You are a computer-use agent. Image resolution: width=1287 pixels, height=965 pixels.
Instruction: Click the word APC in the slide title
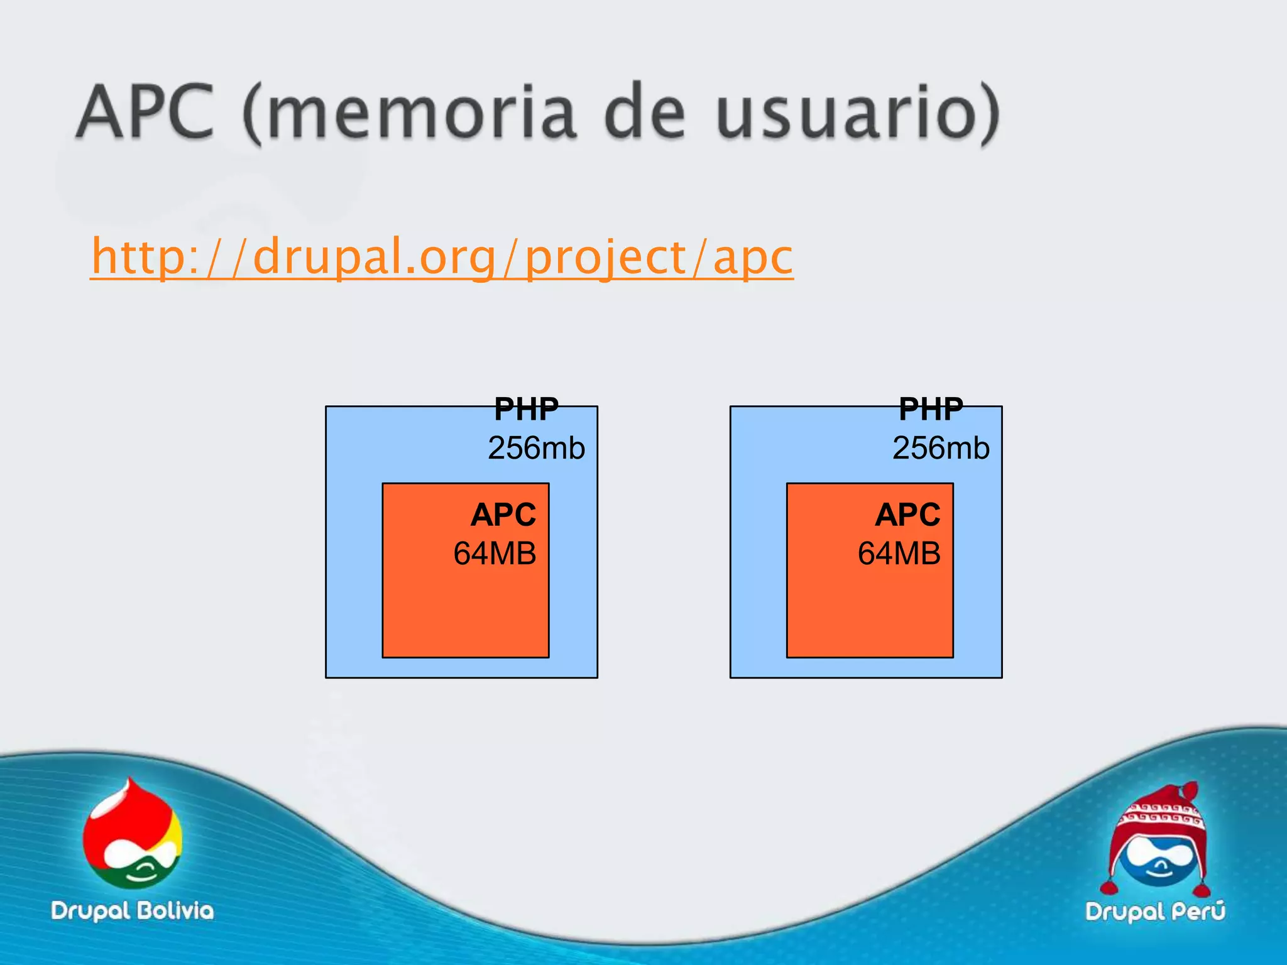click(x=146, y=113)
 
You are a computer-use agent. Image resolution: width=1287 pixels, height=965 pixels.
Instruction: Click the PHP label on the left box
click(x=526, y=410)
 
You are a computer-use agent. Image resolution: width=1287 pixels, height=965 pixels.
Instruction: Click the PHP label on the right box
click(x=931, y=410)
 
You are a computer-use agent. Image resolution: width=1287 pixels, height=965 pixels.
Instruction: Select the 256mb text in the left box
click(x=536, y=448)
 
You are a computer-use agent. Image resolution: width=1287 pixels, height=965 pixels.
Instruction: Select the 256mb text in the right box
click(x=941, y=448)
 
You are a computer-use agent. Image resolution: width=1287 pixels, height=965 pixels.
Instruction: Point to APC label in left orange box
click(x=503, y=515)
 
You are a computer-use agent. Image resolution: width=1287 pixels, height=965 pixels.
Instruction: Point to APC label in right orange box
click(x=907, y=515)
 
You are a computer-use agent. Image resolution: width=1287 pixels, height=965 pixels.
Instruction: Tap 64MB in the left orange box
click(x=495, y=553)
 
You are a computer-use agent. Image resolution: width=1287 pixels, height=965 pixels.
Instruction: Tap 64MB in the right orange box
click(x=899, y=553)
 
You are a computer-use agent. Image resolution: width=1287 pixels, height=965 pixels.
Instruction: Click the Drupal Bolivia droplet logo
click(x=133, y=836)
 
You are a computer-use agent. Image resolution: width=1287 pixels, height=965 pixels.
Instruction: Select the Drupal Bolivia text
click(x=133, y=911)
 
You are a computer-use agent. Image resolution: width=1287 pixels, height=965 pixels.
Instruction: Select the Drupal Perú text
click(x=1155, y=911)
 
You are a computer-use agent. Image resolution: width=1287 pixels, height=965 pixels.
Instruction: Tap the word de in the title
click(x=645, y=113)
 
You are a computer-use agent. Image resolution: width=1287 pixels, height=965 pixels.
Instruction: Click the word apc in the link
click(x=753, y=258)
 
